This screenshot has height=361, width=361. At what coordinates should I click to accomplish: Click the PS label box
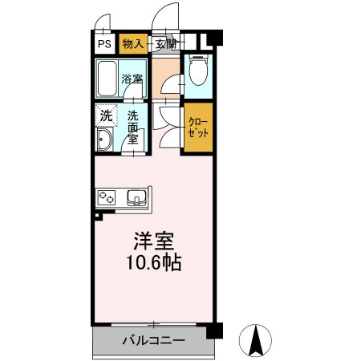(105, 44)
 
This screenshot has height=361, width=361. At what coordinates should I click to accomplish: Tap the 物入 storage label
(133, 44)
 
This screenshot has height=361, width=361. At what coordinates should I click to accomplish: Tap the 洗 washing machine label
(106, 116)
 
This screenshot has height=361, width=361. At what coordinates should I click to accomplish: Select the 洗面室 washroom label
(133, 127)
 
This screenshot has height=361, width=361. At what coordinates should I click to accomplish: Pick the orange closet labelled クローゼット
(198, 128)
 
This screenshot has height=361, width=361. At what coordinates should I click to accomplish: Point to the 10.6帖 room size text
(154, 262)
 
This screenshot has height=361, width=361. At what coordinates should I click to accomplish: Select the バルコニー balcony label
(154, 340)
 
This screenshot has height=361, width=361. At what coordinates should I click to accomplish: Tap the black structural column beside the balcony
(213, 331)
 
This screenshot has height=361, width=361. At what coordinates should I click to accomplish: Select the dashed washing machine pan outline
(106, 115)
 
